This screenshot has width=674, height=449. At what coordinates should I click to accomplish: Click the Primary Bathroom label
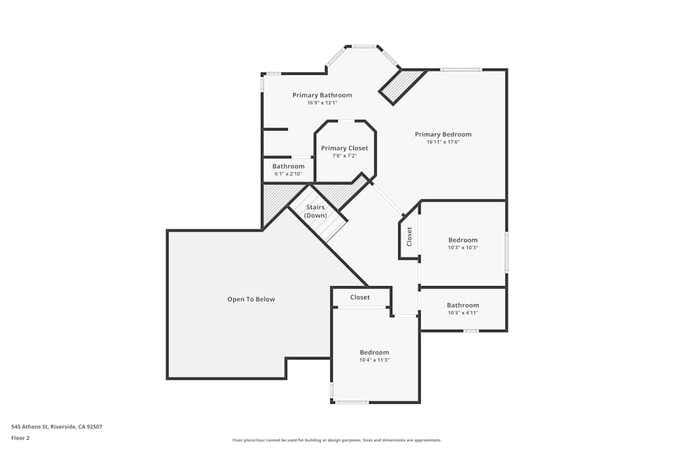pyautogui.click(x=322, y=95)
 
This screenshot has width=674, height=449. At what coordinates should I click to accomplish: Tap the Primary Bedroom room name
pyautogui.click(x=443, y=134)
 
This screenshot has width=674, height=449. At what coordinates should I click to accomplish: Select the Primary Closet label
pyautogui.click(x=344, y=148)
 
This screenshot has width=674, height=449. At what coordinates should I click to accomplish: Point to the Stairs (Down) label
pyautogui.click(x=315, y=211)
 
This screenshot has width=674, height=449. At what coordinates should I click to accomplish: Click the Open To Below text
pyautogui.click(x=251, y=299)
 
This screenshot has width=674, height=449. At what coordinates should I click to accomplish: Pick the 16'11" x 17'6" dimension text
pyautogui.click(x=443, y=142)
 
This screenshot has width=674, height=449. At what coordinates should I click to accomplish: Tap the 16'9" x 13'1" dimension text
pyautogui.click(x=322, y=103)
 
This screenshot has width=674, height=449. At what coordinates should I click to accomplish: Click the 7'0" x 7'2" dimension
pyautogui.click(x=344, y=156)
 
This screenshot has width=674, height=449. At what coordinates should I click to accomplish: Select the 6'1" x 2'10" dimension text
pyautogui.click(x=288, y=174)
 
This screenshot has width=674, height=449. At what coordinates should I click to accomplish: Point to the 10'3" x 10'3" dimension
pyautogui.click(x=463, y=248)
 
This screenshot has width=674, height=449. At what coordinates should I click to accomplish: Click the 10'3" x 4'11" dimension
pyautogui.click(x=463, y=313)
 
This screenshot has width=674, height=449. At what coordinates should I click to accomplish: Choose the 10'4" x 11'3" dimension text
pyautogui.click(x=374, y=360)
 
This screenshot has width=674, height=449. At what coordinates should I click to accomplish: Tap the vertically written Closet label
pyautogui.click(x=409, y=236)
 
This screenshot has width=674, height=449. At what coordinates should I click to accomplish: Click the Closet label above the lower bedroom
pyautogui.click(x=360, y=297)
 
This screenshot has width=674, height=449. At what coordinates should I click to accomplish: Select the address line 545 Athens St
pyautogui.click(x=57, y=426)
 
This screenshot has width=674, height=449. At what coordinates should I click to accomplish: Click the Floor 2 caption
pyautogui.click(x=20, y=438)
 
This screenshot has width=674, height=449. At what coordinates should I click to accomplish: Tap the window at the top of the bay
pyautogui.click(x=364, y=46)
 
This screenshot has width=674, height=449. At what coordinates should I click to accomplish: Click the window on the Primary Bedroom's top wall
pyautogui.click(x=461, y=69)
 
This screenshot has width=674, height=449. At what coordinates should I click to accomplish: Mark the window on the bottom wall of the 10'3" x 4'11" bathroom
pyautogui.click(x=471, y=331)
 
